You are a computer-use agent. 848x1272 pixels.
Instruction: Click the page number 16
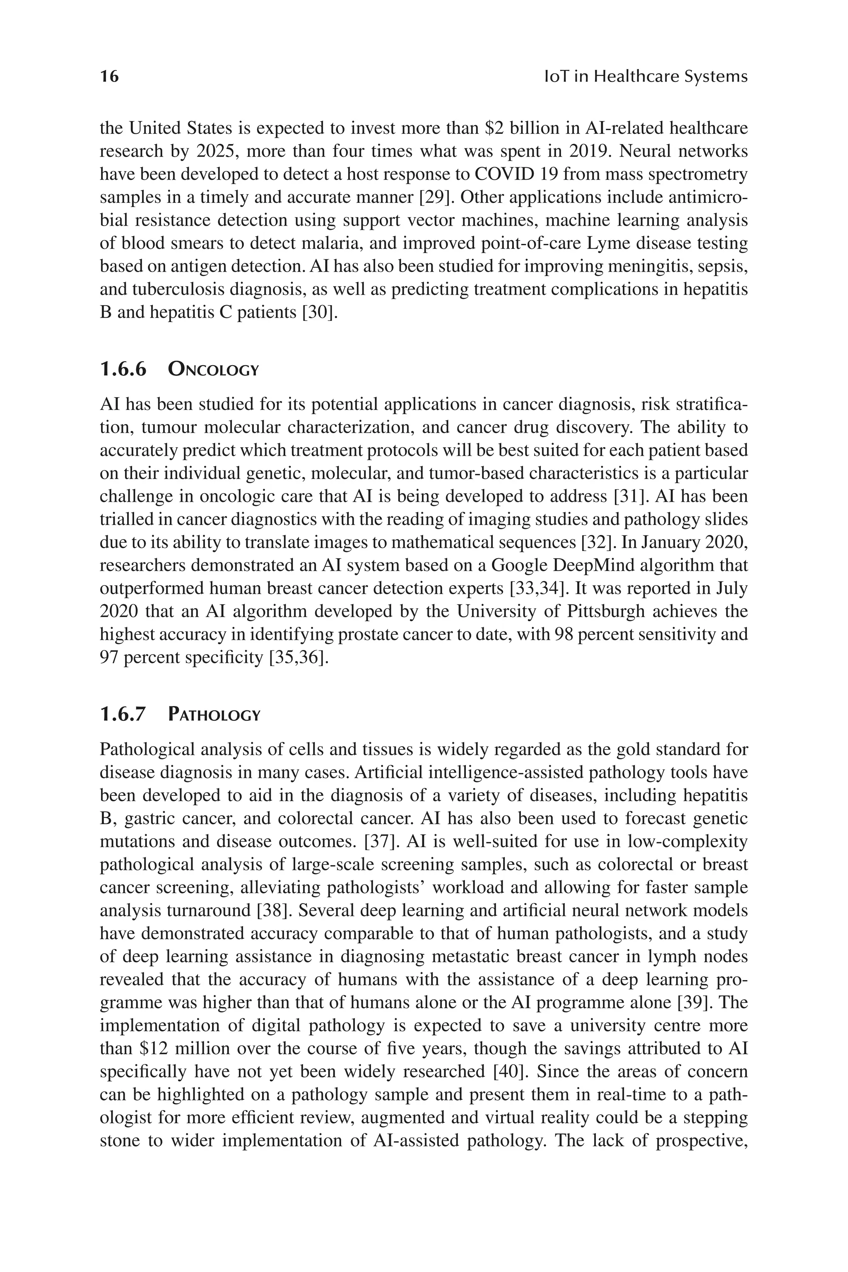(109, 76)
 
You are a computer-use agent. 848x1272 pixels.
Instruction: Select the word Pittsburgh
(606, 611)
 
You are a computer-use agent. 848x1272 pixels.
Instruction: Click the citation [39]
(693, 1002)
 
